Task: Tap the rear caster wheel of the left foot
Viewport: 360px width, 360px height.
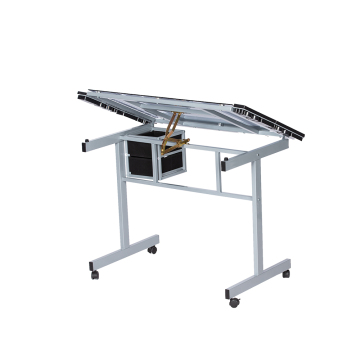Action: click(x=152, y=249)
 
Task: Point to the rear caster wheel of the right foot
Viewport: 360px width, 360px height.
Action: click(x=285, y=273)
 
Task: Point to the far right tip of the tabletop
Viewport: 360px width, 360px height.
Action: click(x=303, y=136)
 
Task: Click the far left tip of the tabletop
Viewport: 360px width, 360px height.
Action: click(x=79, y=97)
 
